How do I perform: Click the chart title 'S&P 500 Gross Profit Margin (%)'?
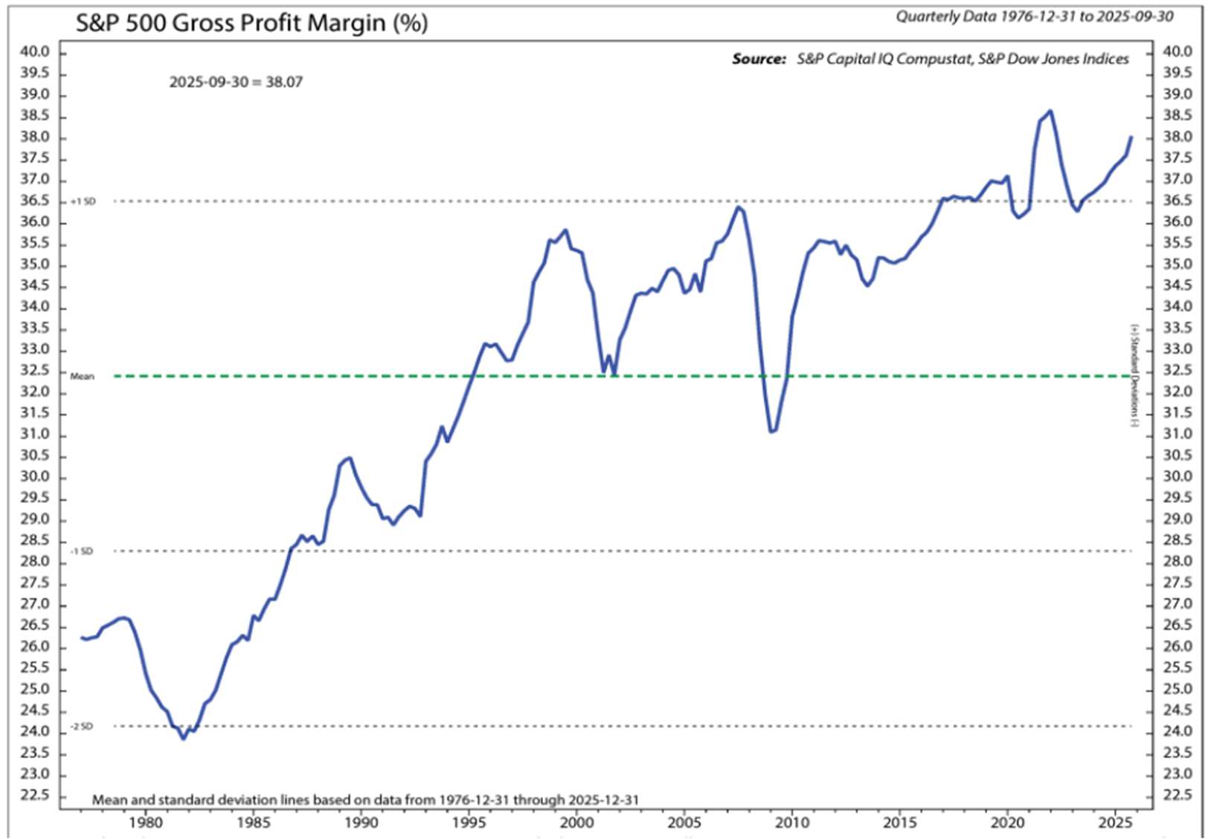click(x=251, y=23)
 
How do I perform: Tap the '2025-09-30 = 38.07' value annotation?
click(x=236, y=82)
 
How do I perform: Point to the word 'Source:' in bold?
click(x=758, y=59)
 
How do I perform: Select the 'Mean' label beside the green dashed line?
click(x=82, y=377)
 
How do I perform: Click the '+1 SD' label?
click(x=83, y=201)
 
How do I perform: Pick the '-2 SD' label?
click(x=82, y=727)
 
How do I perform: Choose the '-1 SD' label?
click(x=82, y=551)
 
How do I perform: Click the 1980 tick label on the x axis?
click(x=146, y=823)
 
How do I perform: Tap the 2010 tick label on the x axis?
click(x=792, y=823)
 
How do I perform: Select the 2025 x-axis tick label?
click(x=1115, y=823)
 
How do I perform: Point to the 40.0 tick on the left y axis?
click(x=35, y=52)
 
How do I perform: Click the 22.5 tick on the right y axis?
click(x=1178, y=796)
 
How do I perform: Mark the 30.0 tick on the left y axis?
click(x=35, y=477)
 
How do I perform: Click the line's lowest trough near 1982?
click(x=184, y=738)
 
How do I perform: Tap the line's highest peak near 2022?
click(x=1050, y=111)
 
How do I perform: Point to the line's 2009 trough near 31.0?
click(x=772, y=431)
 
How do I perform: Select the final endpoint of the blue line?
click(x=1131, y=137)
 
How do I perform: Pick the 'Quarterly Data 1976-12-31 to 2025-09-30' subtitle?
click(x=1034, y=16)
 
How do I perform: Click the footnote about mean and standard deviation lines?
click(x=365, y=800)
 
